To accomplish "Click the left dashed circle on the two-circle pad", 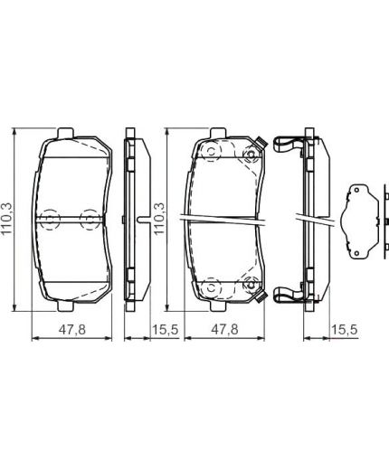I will pos(50,220).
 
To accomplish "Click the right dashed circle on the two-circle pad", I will pos(90,220).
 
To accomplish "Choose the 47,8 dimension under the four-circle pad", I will pos(223,331).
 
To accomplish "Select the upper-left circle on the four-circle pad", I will pos(207,152).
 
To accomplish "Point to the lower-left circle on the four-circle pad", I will pos(207,287).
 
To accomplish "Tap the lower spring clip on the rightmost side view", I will pos(287,294).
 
